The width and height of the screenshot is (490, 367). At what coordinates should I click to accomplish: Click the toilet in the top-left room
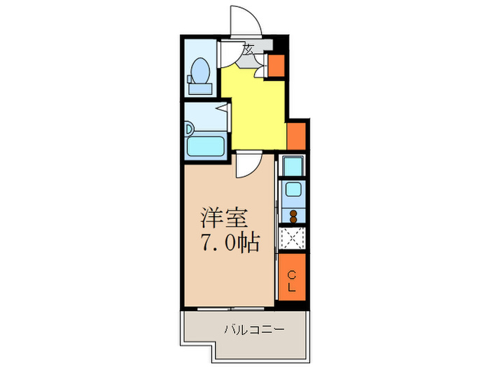point(199,73)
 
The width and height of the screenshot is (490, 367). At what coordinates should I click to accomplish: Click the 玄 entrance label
point(248,49)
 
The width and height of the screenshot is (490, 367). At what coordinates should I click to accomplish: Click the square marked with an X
point(292,239)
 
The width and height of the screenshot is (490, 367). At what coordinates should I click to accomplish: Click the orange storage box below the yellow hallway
point(295,136)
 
